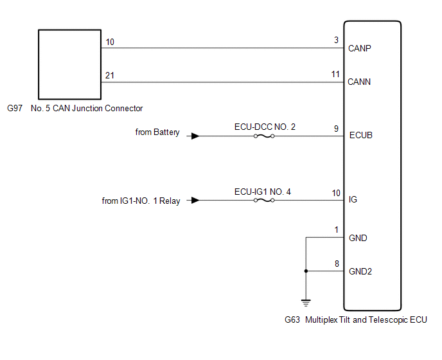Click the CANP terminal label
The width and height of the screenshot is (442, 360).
(360, 48)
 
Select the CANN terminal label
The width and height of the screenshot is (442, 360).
(360, 82)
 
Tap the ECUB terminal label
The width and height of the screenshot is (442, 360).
(360, 136)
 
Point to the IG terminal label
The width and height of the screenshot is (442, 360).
(353, 200)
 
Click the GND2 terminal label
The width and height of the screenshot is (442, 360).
(360, 271)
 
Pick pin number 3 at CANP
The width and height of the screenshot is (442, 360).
(336, 40)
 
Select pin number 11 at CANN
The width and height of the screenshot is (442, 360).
(335, 74)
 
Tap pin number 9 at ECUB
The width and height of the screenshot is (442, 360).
(336, 128)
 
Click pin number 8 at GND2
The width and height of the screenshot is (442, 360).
(336, 263)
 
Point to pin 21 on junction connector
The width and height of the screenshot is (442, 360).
(110, 75)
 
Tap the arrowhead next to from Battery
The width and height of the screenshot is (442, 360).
(195, 136)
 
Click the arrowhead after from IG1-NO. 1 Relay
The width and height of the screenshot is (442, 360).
(195, 200)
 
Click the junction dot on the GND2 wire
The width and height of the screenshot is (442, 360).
(306, 271)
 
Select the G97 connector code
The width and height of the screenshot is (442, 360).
(15, 108)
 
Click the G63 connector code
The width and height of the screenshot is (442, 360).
(292, 319)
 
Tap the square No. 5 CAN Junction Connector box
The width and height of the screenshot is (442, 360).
(69, 62)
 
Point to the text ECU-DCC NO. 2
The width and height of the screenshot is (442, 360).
(265, 127)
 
